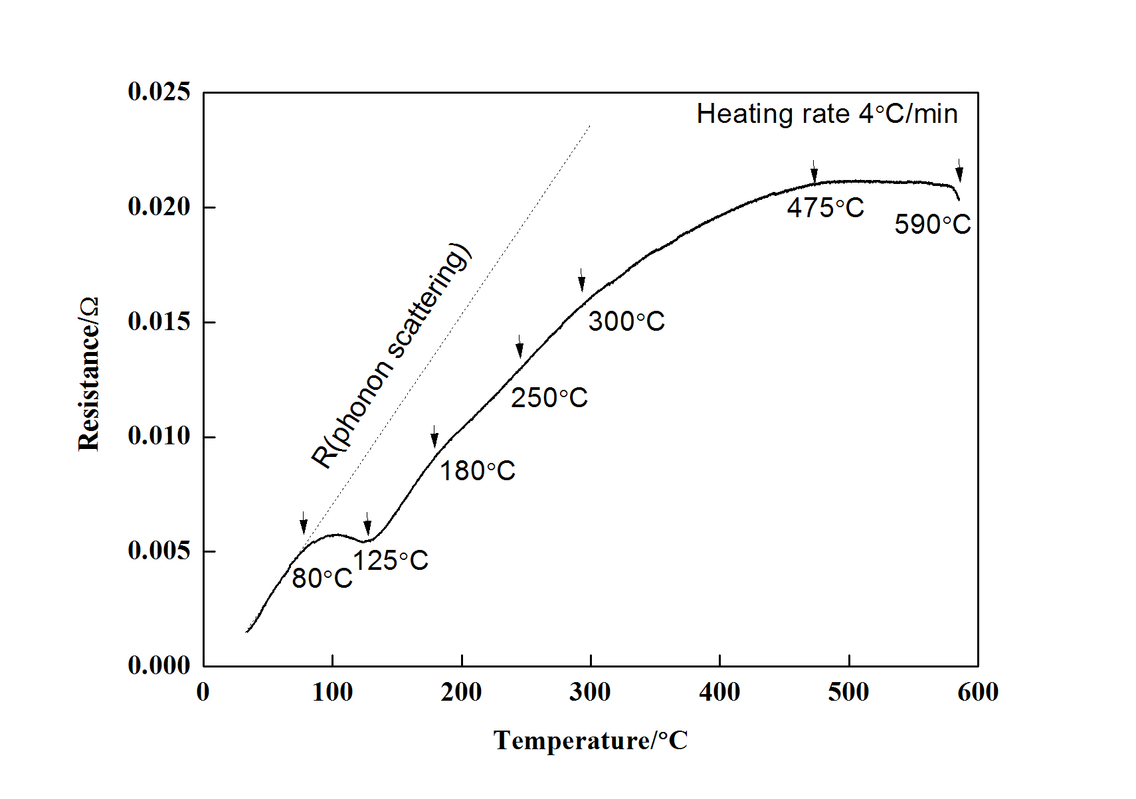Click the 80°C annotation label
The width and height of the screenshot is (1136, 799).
pos(322,578)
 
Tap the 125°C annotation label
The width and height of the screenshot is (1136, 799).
pos(391,561)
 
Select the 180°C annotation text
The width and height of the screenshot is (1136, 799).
pos(477,471)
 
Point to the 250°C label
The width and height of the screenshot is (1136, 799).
pos(549,398)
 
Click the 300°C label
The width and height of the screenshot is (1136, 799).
pos(626,321)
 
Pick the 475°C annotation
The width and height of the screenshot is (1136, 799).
pos(825,208)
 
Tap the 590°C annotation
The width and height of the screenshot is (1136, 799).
pos(932,224)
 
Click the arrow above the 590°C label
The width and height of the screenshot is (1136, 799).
pos(959,170)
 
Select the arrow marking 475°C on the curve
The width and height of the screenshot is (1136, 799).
pos(814,171)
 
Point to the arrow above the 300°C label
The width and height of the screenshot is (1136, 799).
pos(582,280)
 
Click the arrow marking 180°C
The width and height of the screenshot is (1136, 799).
pos(434,436)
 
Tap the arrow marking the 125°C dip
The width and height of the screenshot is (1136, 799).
pos(367,523)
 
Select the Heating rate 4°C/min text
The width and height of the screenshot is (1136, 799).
pos(826,114)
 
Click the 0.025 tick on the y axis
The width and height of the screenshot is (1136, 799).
pos(159,92)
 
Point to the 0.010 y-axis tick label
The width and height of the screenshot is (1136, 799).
pos(159,436)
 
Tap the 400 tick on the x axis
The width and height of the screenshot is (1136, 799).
pos(719,693)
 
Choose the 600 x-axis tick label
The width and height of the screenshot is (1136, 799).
pos(977,693)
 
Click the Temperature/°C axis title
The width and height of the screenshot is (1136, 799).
pos(590,741)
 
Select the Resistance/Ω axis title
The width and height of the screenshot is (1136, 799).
pos(88,374)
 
